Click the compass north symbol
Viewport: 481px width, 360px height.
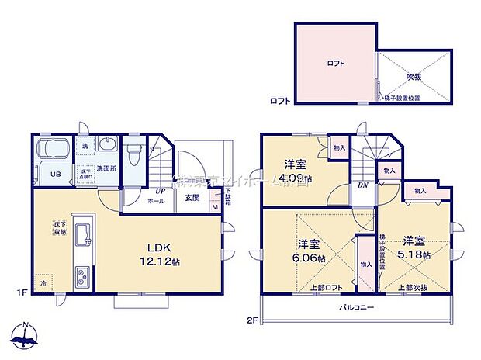coord(26,337)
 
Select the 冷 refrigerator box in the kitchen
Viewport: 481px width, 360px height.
coord(43,282)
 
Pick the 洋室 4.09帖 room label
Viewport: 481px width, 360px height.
coord(295,171)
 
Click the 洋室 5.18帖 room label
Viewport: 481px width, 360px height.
coord(414,247)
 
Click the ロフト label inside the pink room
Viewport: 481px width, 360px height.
coord(335,63)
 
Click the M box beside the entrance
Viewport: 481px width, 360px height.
coord(215,208)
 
